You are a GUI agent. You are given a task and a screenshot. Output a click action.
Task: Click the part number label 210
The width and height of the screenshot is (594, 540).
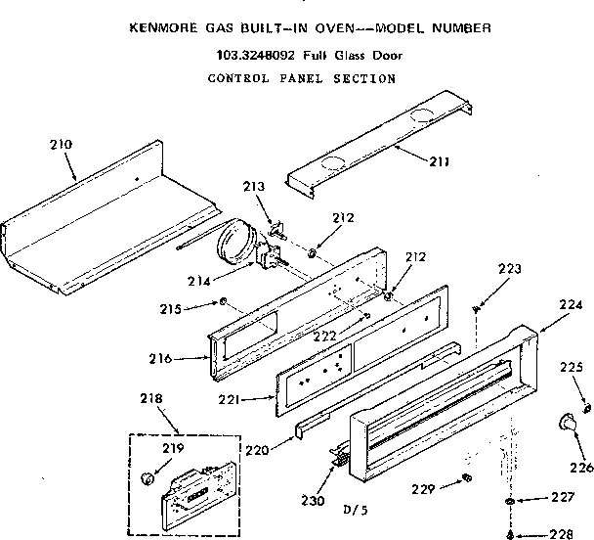(x=61, y=146)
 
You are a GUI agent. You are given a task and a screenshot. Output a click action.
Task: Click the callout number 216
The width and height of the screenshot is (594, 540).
(x=186, y=358)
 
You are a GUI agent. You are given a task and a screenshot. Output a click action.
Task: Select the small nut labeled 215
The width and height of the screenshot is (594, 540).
(x=223, y=301)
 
